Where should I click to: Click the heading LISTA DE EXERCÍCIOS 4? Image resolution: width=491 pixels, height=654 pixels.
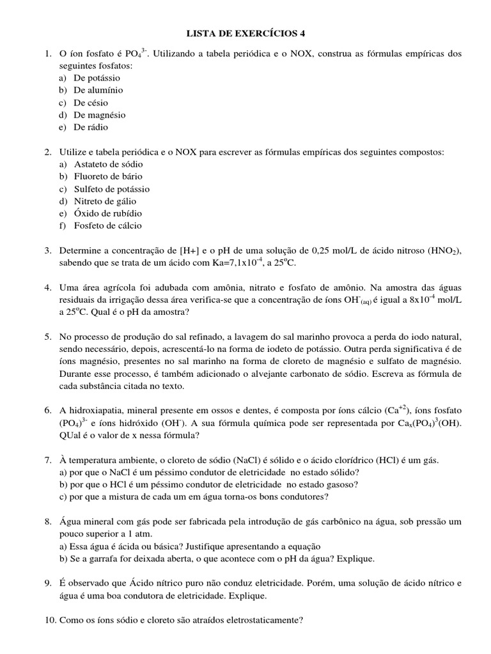pos(245,33)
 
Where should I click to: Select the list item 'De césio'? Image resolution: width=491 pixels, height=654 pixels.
pos(91,102)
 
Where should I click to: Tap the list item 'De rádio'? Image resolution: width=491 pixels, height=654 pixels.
pos(91,127)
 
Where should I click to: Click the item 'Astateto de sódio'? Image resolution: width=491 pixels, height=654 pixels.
pos(107,164)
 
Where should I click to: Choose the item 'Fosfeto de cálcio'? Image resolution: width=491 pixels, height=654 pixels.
pos(107,225)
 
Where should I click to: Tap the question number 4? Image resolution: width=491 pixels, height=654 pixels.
pos(48,287)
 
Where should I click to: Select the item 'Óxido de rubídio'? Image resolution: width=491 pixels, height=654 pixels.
pos(107,213)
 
